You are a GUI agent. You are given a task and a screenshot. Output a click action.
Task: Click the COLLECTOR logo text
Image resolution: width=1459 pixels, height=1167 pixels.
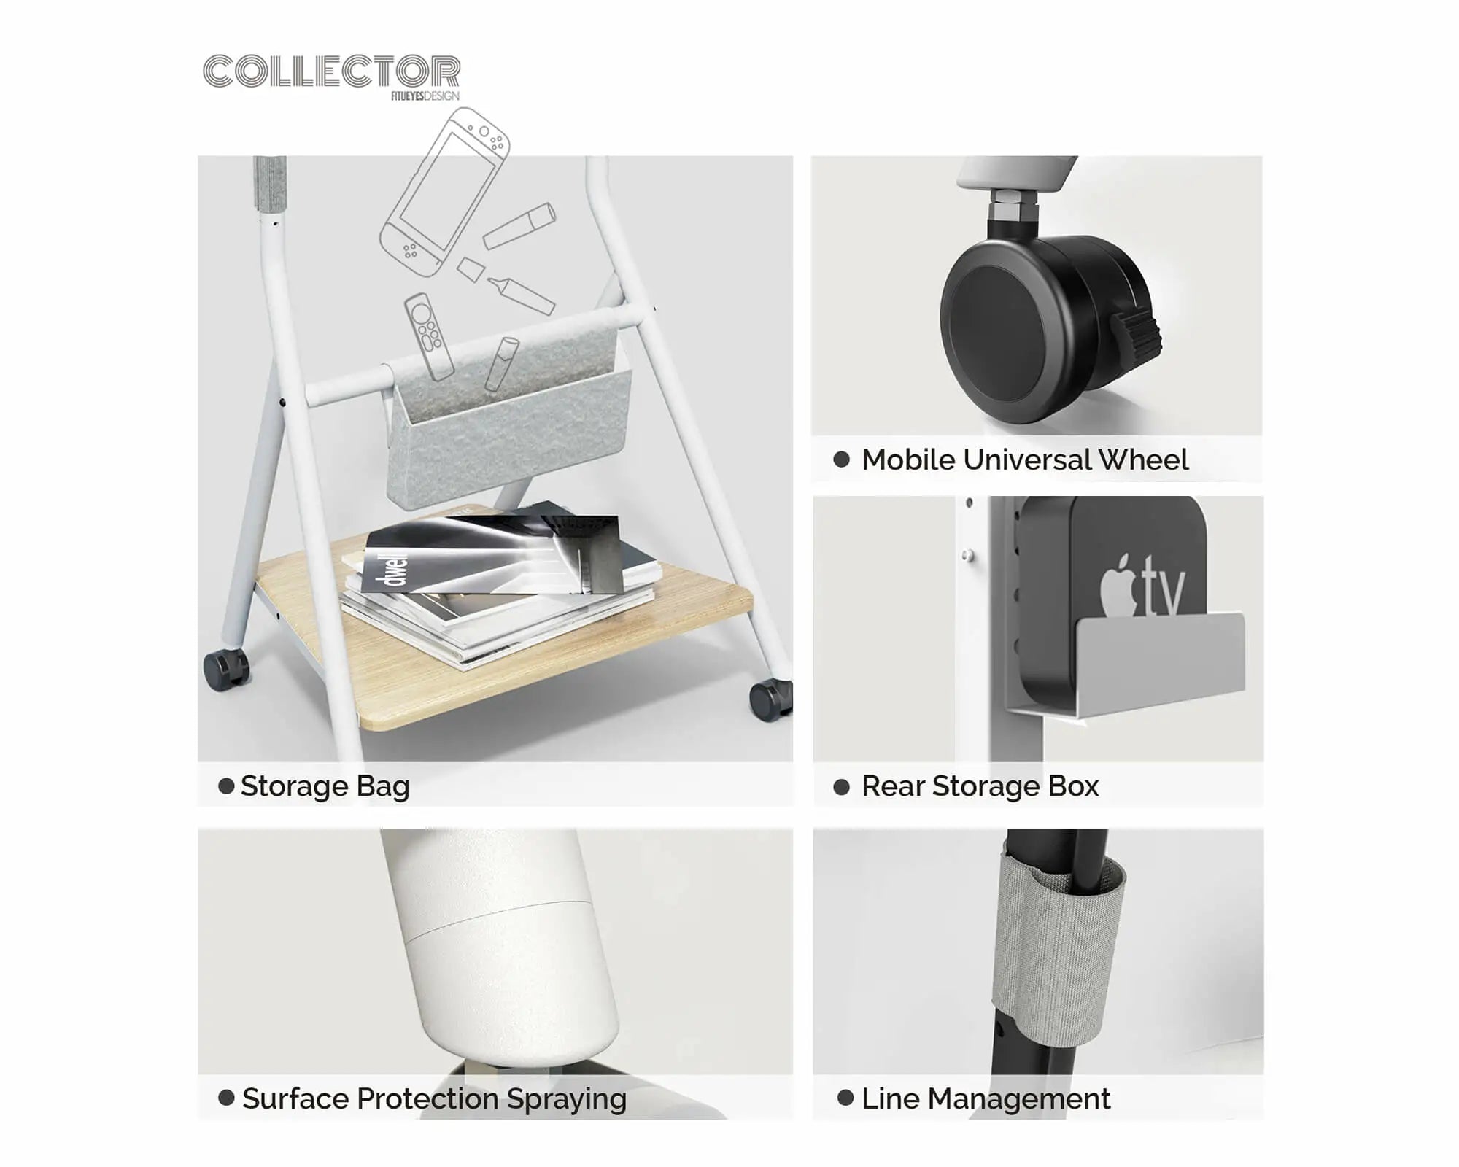(332, 71)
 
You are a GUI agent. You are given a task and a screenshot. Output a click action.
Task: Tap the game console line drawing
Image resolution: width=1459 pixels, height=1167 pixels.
(444, 192)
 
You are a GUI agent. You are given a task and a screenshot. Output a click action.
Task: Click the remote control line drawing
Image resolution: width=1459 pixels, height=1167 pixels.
(430, 336)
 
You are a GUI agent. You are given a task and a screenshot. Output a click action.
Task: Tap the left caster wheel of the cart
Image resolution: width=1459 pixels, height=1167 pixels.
(226, 670)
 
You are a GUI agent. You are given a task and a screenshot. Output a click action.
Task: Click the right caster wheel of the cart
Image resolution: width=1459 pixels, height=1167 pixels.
(770, 699)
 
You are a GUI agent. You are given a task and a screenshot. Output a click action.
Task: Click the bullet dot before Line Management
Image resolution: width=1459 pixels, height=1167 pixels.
(845, 1098)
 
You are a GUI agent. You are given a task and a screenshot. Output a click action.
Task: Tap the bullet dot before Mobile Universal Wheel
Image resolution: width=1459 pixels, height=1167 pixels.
(841, 459)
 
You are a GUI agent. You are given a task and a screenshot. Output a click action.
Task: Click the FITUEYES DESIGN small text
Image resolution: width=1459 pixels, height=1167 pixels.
(425, 96)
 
